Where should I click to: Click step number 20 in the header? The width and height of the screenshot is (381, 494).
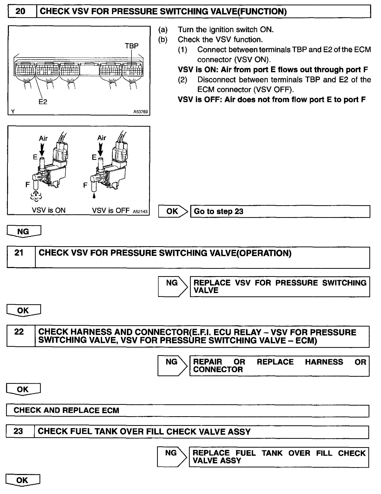coord(21,11)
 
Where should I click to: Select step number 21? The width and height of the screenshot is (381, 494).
coord(19,253)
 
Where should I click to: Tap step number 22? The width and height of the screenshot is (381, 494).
coord(19,332)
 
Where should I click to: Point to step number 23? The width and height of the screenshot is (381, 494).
coord(18,431)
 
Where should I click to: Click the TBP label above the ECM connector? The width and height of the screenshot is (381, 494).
coord(132,46)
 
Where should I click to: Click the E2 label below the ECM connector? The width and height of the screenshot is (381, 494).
coord(43,102)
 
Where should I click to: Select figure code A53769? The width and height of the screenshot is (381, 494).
coord(141,112)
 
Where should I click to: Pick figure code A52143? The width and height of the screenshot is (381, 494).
coord(140,212)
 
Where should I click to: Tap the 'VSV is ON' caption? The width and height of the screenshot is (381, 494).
coord(49,210)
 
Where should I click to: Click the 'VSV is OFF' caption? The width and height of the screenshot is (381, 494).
coord(111,210)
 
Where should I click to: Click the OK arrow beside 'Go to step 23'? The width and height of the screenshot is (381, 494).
coord(173,211)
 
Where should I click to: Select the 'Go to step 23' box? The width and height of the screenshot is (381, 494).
coord(280,211)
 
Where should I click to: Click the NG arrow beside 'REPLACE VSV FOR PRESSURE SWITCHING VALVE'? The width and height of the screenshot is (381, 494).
coord(173,286)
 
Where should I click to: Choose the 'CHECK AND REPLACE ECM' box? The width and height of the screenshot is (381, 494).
coord(187,410)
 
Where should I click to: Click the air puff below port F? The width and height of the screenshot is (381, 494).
coord(36,196)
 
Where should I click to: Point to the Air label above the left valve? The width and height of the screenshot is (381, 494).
coord(43,138)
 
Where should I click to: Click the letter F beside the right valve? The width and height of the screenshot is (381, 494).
coord(85,185)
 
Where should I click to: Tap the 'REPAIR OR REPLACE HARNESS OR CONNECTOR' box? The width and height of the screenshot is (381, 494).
coord(279,366)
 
